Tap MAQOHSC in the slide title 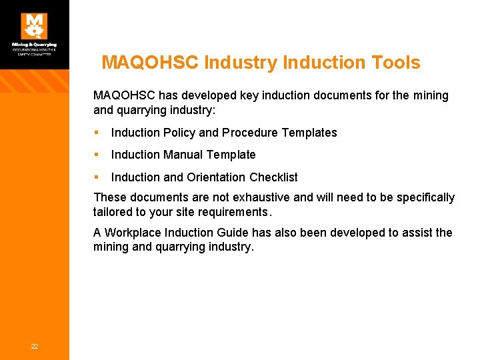(151, 63)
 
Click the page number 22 (34, 345)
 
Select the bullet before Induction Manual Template (97, 155)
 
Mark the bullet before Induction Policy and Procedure (97, 133)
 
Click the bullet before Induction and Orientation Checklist (97, 177)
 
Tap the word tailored (115, 212)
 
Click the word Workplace (136, 233)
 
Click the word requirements (234, 212)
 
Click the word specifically (424, 197)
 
